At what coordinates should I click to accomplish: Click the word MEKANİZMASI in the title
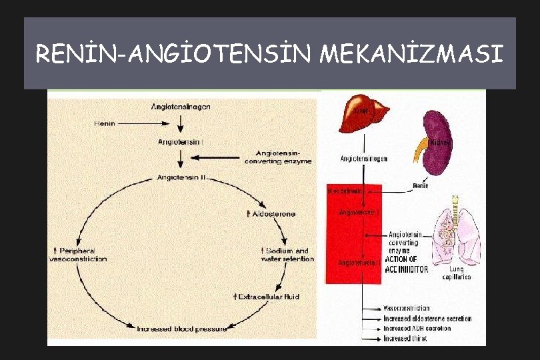[x=412, y=53]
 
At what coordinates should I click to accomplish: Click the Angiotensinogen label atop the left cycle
[x=181, y=107]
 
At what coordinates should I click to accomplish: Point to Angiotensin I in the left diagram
[x=181, y=141]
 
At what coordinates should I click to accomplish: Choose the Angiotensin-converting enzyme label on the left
[x=278, y=157]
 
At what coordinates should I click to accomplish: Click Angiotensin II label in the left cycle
[x=181, y=177]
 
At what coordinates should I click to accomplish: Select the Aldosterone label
[x=271, y=213]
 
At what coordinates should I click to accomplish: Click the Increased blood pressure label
[x=181, y=329]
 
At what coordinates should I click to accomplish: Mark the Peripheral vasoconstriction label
[x=79, y=255]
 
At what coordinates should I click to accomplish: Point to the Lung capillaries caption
[x=457, y=273]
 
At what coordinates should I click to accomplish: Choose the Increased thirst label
[x=405, y=339]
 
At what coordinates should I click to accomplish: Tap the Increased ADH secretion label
[x=417, y=329]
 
